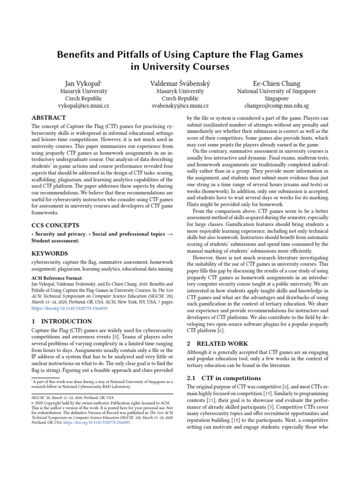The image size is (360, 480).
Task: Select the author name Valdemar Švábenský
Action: pos(180,83)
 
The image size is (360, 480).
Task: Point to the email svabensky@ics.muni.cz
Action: pos(180,106)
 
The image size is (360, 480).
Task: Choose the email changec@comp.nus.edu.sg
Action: pos(276,106)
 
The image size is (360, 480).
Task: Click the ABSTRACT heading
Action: pos(49,118)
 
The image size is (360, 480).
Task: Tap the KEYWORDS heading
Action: pos(49,254)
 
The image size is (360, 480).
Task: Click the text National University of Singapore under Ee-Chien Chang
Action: pos(276,91)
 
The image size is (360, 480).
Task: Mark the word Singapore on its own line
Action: pos(276,99)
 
